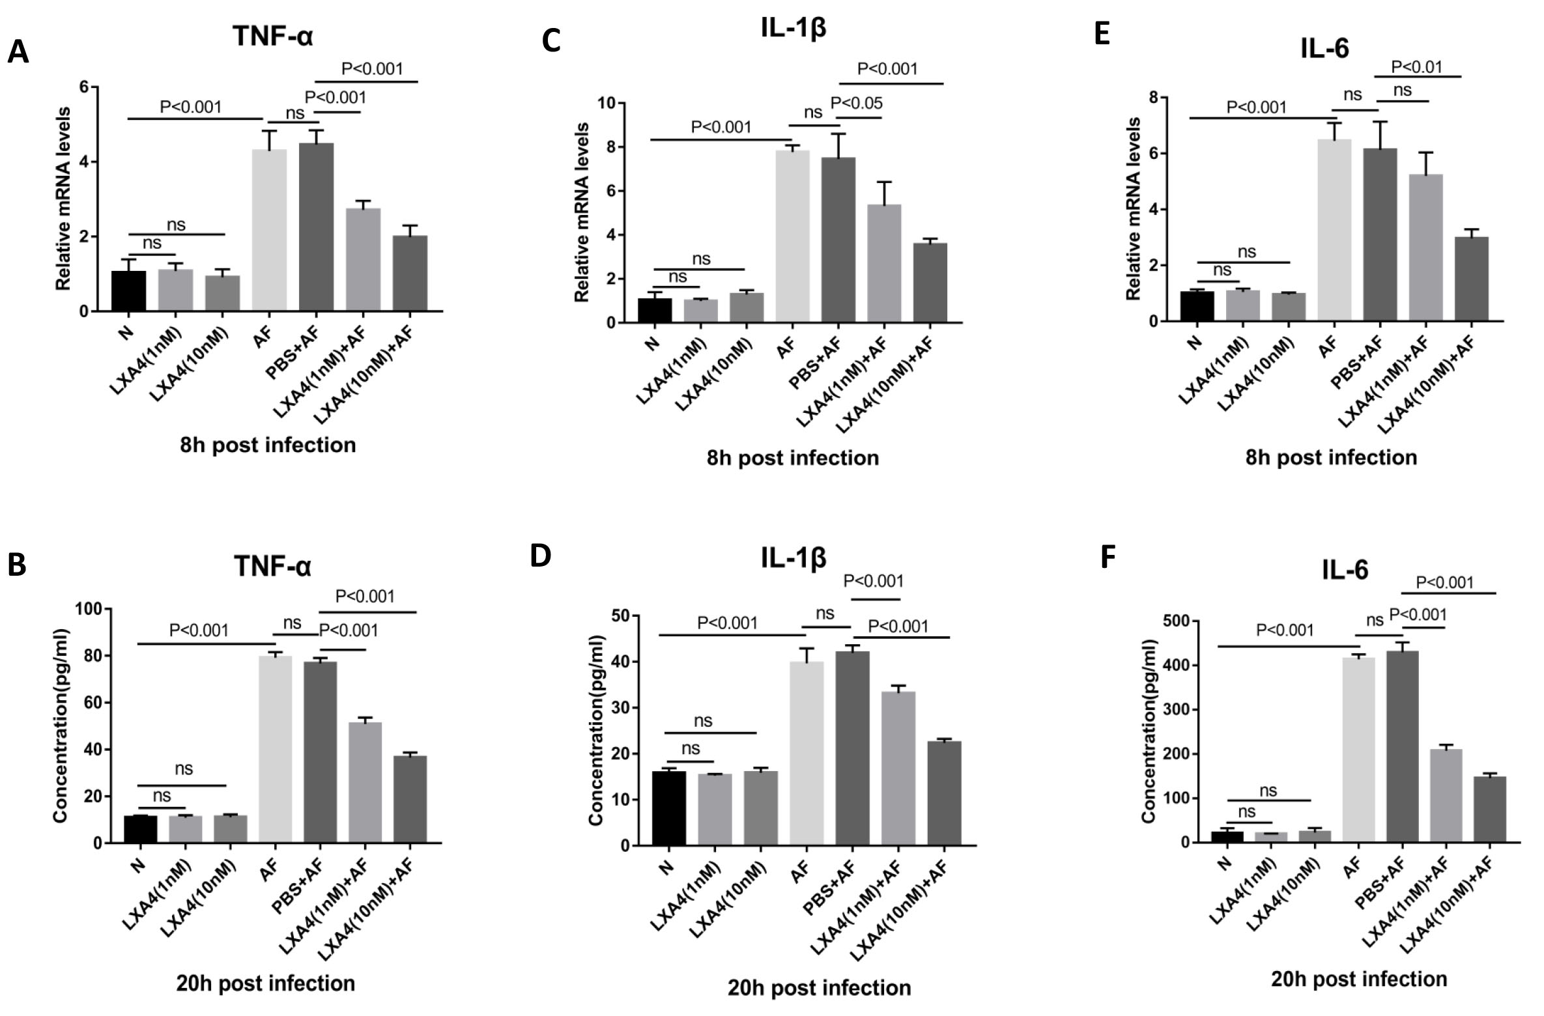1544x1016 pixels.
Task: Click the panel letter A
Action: click(x=18, y=52)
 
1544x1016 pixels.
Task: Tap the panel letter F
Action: click(x=1108, y=557)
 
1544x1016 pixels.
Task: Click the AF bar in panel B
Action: click(x=276, y=749)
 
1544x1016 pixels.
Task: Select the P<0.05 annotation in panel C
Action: click(x=857, y=103)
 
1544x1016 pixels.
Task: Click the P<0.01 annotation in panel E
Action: click(x=1417, y=66)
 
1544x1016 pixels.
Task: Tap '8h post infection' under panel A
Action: click(x=268, y=445)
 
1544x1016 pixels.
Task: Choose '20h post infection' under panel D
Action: click(x=819, y=988)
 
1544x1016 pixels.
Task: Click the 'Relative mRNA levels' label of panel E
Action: click(x=1134, y=208)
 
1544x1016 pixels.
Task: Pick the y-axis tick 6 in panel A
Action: click(x=83, y=87)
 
